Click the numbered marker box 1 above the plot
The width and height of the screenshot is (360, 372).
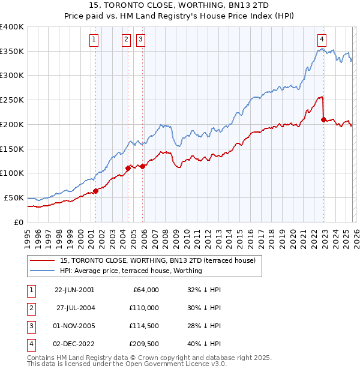click(x=95, y=40)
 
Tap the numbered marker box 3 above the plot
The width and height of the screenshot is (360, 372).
click(x=140, y=40)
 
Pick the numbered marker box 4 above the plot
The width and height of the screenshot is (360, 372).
click(x=322, y=40)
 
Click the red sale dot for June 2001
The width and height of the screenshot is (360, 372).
click(x=95, y=191)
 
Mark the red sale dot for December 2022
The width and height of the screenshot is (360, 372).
click(x=323, y=119)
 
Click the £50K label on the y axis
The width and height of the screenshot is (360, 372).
click(x=14, y=197)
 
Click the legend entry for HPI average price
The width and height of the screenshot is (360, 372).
click(x=131, y=271)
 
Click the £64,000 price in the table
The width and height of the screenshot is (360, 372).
click(x=145, y=290)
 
